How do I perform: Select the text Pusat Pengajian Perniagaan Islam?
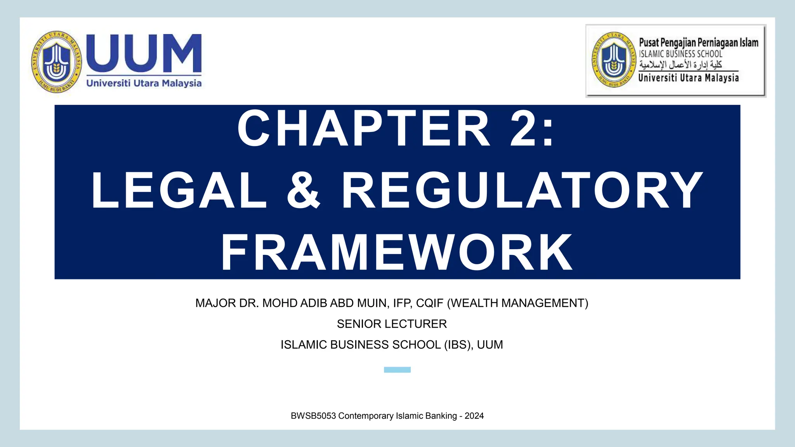698,42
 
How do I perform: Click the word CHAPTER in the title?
364,128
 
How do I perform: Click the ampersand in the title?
304,191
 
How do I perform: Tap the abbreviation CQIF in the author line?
429,303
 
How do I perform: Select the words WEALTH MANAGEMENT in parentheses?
518,303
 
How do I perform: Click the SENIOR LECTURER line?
392,324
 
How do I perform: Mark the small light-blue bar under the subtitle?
397,370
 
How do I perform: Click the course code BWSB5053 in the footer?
313,416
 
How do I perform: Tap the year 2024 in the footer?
474,416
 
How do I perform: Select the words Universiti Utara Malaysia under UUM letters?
144,83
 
